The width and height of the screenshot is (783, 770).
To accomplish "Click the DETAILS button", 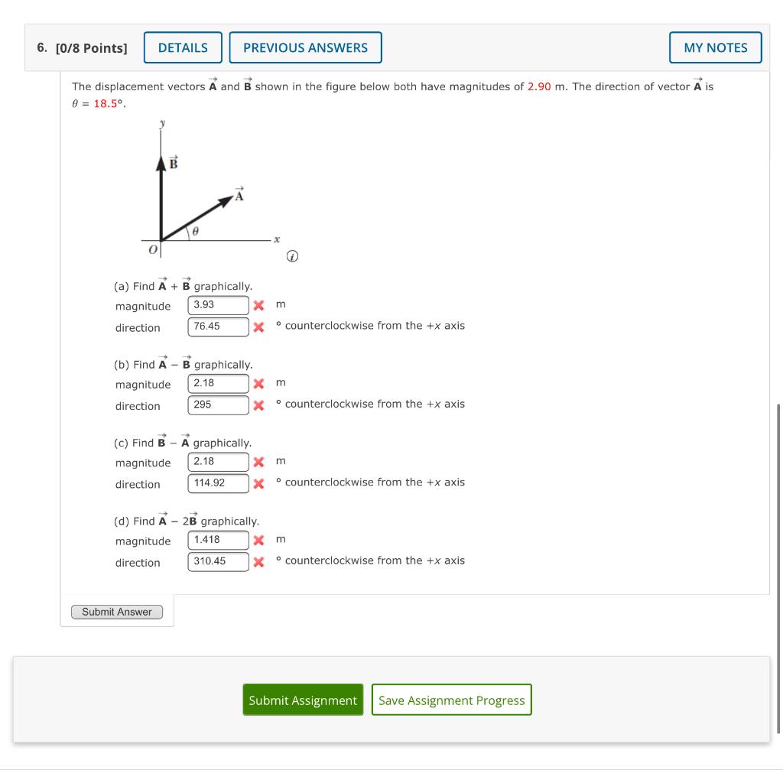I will coord(183,47).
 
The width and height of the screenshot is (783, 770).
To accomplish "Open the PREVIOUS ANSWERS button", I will coord(305,47).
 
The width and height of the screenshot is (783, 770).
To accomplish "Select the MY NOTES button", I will coord(715,47).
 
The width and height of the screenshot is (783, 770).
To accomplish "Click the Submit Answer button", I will coord(117,612).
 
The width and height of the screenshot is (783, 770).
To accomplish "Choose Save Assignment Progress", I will coord(451,700).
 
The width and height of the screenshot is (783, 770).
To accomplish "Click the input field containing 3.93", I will coord(219,305).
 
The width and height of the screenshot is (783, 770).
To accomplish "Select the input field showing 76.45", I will coord(219,327).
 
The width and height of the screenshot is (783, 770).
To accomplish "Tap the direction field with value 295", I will coord(219,404).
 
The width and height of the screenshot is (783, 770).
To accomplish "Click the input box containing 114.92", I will coord(219,483).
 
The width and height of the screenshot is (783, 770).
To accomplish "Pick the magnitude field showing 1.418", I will coord(219,540).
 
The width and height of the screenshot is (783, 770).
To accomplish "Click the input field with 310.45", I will coord(219,561).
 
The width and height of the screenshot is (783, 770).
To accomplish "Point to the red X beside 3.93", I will coord(259,306).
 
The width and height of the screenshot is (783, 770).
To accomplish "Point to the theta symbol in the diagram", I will coord(196,229).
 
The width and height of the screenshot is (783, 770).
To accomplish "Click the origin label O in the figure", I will coord(153,250).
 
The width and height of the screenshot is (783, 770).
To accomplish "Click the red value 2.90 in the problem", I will coord(539,86).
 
